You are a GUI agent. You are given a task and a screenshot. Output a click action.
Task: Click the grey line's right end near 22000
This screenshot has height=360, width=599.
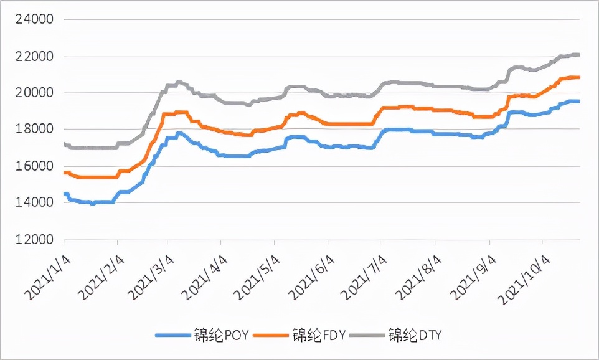coord(578,55)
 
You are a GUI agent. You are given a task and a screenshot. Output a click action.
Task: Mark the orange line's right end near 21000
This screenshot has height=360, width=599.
coord(578,78)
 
